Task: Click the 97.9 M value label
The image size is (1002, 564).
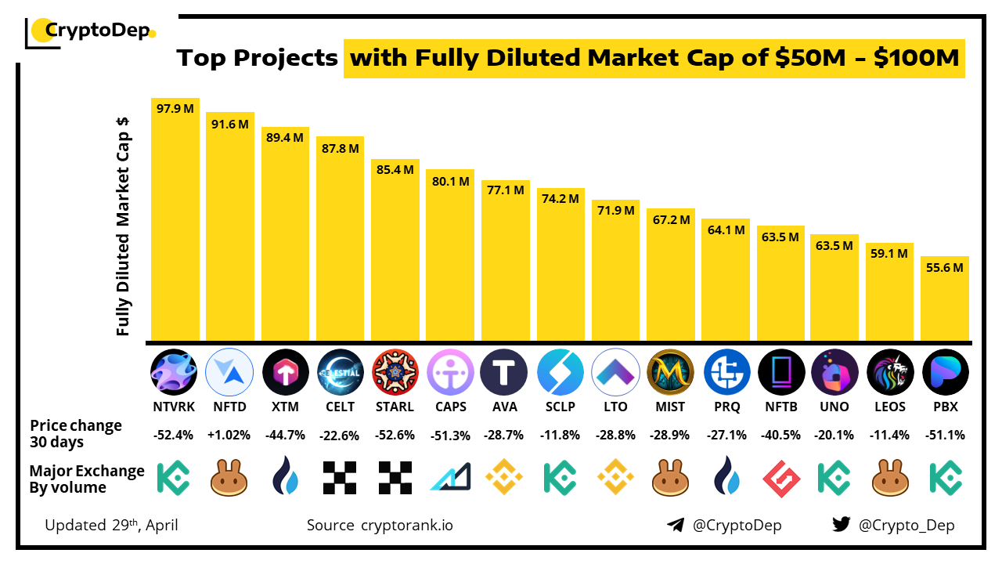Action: pos(175,109)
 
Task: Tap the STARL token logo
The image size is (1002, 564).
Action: pos(395,371)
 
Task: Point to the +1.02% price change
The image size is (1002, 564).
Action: pos(229,436)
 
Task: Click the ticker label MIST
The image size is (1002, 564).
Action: pos(670,407)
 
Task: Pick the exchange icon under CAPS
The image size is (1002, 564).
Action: pos(450,477)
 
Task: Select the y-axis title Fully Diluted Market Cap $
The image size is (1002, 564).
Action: pos(123,227)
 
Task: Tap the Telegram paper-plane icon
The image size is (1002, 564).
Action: pos(676,525)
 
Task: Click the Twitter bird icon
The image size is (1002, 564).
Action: pos(842,525)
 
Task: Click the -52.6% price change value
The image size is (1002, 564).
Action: pos(395,436)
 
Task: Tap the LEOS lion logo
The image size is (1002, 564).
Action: pos(890,371)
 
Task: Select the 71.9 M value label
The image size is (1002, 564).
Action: pos(615,211)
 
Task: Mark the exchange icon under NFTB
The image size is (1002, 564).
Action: pos(780,477)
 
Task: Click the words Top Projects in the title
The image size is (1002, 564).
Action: pos(258,59)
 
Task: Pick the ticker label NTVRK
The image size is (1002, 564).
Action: pos(174,407)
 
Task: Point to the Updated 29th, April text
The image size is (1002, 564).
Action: pos(111,525)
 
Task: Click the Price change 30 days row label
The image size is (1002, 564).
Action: pos(76,434)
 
